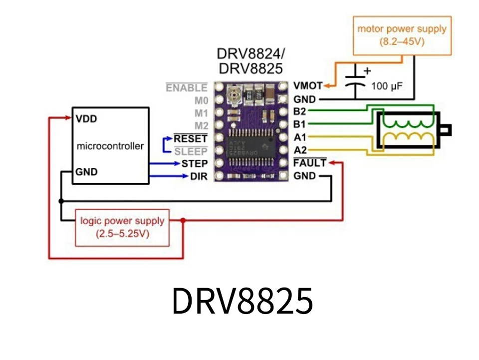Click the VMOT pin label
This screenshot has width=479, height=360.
pos(307,86)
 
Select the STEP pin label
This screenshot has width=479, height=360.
pos(194,163)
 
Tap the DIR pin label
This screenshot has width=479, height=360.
pos(199,176)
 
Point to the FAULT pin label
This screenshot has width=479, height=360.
pos(309,163)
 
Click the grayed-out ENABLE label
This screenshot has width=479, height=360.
pos(186,88)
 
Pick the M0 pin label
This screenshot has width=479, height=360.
pos(201,101)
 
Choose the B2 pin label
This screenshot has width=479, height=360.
pos(300,111)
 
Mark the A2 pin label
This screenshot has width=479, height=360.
pos(300,150)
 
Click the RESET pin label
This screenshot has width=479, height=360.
pos(190,138)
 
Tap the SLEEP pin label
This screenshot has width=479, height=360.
pos(191,151)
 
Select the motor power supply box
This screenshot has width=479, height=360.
pos(402,35)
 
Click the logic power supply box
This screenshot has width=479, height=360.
pos(122,227)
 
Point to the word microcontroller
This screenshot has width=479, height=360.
pos(110,146)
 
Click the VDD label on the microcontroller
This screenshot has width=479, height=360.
pos(86,119)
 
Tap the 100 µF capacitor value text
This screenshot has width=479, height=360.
pos(387,86)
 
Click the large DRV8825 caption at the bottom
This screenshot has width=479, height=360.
pos(242,301)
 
